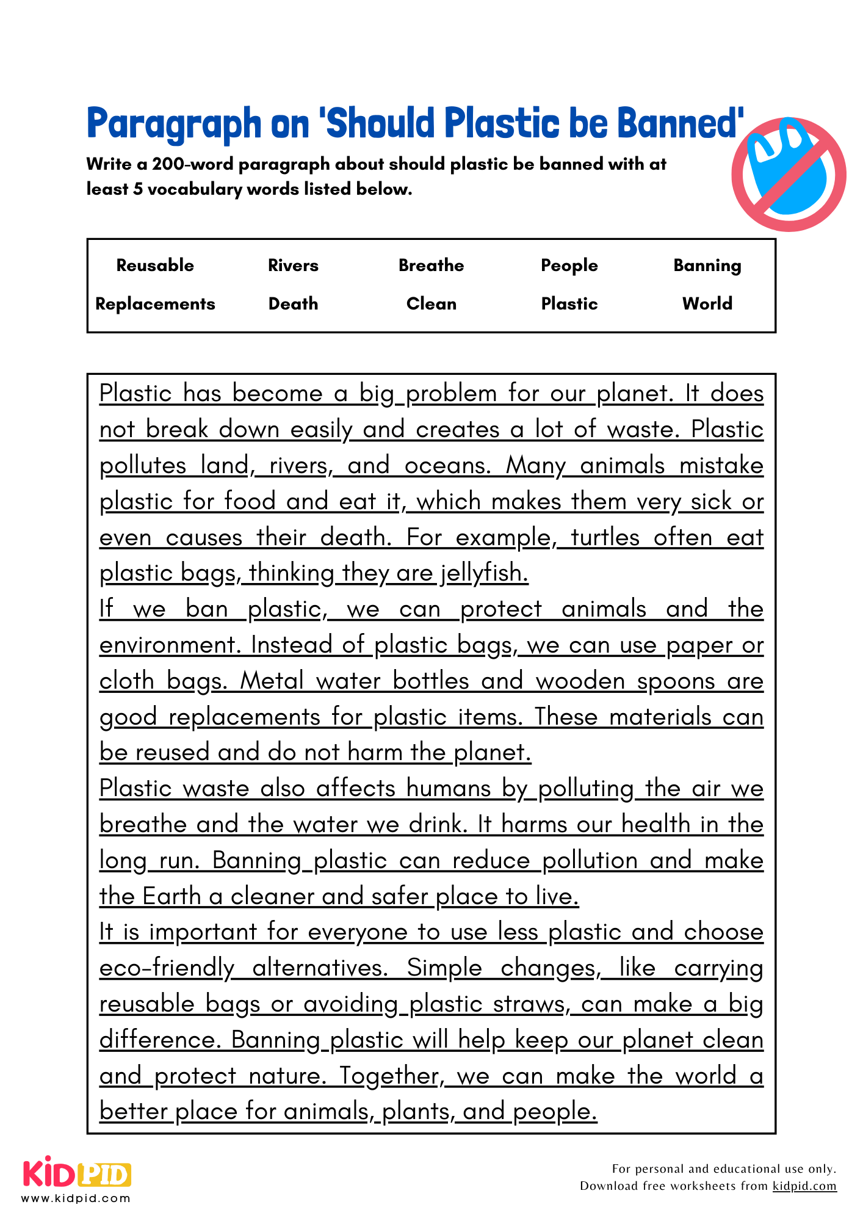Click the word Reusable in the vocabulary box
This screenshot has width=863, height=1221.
coord(155,266)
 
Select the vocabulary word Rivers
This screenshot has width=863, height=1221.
coord(293,266)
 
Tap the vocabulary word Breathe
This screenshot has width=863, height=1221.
coord(431,266)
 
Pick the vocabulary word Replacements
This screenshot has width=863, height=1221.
coord(155,304)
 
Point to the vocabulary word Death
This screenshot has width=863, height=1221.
coord(293,304)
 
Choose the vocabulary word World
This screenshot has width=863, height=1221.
coord(707,304)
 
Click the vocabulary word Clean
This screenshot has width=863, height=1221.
coord(431,304)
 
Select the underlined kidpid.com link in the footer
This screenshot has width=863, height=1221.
coord(804,1186)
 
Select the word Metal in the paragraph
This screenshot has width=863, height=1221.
coord(271,681)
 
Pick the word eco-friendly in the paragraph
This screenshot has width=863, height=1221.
coord(167,968)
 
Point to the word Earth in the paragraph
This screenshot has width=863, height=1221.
coord(172,896)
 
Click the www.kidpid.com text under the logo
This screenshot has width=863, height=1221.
coord(76,1198)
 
